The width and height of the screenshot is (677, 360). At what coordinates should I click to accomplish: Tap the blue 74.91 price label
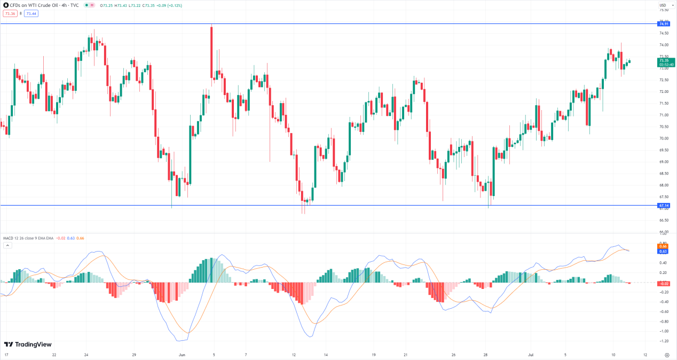664,24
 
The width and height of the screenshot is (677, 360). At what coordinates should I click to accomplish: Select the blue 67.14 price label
664,205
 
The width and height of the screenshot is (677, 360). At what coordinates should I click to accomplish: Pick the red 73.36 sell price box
10,13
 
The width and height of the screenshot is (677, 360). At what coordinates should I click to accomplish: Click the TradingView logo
28,345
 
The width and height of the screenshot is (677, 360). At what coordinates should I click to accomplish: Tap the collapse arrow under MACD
7,245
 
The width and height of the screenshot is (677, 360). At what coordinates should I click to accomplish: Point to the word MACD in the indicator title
8,238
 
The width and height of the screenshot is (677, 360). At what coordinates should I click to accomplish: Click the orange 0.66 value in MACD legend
81,238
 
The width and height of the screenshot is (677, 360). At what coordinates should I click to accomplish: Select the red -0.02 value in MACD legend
60,238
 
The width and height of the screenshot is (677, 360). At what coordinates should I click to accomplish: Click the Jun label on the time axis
182,354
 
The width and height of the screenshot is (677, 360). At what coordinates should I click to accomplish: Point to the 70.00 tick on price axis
664,138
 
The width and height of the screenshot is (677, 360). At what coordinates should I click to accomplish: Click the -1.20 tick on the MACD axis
664,341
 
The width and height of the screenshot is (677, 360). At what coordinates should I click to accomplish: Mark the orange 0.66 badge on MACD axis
664,246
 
